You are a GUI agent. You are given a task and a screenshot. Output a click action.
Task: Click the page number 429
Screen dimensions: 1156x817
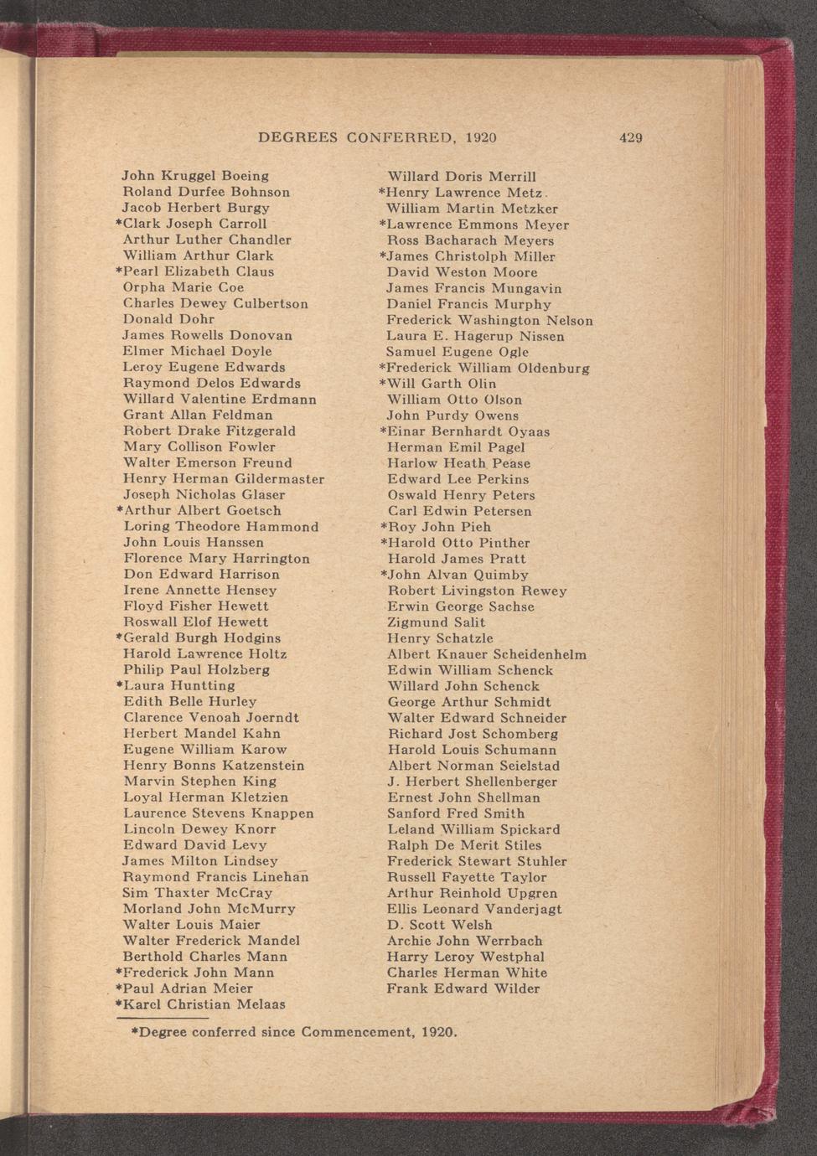(x=630, y=138)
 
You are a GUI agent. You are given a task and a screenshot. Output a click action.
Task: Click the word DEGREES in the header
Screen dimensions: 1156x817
(x=297, y=137)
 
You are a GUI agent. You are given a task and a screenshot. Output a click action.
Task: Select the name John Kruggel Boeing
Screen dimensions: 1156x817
(x=195, y=176)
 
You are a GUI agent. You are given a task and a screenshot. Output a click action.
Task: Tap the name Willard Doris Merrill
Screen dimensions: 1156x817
(x=461, y=177)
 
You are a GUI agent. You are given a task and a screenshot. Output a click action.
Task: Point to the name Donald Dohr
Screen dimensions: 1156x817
(x=168, y=319)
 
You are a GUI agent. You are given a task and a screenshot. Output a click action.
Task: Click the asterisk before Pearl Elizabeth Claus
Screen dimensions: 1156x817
(x=118, y=271)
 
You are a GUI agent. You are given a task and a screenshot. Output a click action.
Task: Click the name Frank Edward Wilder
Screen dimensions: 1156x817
(x=463, y=988)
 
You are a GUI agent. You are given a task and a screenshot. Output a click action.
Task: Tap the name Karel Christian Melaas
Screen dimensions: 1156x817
(x=204, y=1004)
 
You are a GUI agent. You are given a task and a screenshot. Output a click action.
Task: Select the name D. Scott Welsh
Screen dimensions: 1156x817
(x=439, y=925)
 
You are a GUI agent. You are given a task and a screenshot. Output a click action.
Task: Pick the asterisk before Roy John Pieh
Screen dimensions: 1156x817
(x=383, y=526)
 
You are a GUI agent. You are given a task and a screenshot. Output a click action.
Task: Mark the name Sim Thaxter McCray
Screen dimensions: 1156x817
(x=198, y=893)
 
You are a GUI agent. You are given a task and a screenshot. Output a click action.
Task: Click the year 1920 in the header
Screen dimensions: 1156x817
(x=480, y=137)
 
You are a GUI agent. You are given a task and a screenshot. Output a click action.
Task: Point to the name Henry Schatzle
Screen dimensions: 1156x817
(x=440, y=638)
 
